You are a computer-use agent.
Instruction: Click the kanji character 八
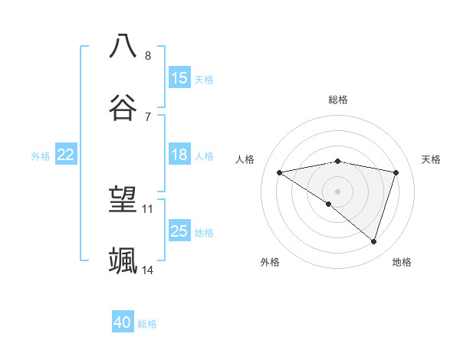point(123,45)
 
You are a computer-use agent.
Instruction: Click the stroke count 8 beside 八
point(148,56)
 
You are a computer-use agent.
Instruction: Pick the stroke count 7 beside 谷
point(148,116)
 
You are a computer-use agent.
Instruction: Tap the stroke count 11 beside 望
point(148,208)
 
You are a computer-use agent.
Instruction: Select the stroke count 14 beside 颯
point(148,270)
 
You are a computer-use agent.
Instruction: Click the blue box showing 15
point(179,78)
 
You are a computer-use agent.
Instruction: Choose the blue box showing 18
point(179,155)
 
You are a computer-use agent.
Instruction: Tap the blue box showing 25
point(179,231)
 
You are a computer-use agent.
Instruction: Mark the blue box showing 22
point(66,155)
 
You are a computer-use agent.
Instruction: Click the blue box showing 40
point(123,323)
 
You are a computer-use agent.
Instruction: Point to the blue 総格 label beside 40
point(147,324)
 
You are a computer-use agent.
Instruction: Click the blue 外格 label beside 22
point(41,156)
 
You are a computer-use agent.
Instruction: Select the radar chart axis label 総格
point(338,100)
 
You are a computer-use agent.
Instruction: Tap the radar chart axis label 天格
point(431,159)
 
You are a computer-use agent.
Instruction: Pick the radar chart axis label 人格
point(245,159)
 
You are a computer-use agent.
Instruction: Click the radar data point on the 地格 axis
point(374,241)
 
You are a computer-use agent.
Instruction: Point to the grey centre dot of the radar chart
point(337,190)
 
